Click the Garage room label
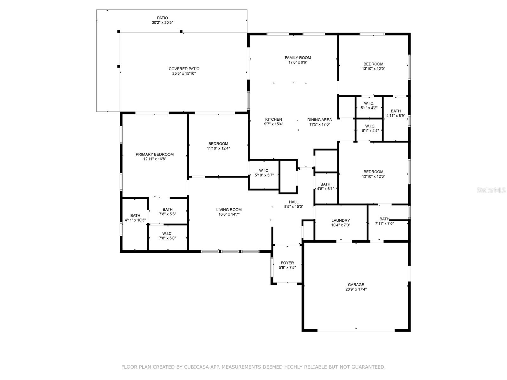pyautogui.click(x=356, y=284)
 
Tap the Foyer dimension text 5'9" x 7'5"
pyautogui.click(x=287, y=268)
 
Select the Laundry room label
pyautogui.click(x=341, y=220)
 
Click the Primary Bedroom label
pyautogui.click(x=155, y=154)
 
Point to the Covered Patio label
pyautogui.click(x=184, y=69)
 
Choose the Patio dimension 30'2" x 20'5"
pyautogui.click(x=162, y=22)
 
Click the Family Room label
pyautogui.click(x=298, y=58)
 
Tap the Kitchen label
pyautogui.click(x=273, y=119)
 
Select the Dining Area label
pyautogui.click(x=319, y=120)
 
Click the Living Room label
pyautogui.click(x=229, y=210)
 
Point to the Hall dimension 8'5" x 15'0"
pyautogui.click(x=293, y=206)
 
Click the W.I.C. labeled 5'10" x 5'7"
pyautogui.click(x=264, y=173)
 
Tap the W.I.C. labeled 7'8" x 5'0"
pyautogui.click(x=167, y=236)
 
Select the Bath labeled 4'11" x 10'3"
pyautogui.click(x=135, y=218)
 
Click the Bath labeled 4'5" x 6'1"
pyautogui.click(x=325, y=186)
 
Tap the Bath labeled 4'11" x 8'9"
pyautogui.click(x=395, y=113)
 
